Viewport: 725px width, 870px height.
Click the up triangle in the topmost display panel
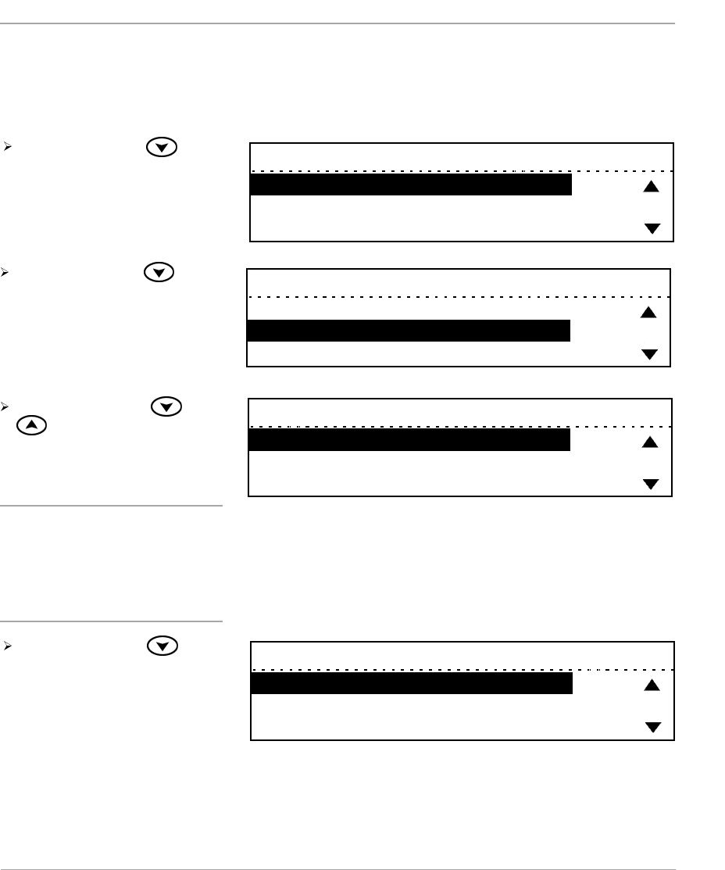[652, 187]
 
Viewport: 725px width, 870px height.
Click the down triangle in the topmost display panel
[652, 228]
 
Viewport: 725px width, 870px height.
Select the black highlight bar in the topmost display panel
[410, 184]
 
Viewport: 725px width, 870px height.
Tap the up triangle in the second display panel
[648, 313]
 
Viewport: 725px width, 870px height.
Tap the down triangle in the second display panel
[648, 354]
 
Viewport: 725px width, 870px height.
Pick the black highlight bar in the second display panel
[408, 331]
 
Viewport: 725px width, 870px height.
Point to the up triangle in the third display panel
[650, 442]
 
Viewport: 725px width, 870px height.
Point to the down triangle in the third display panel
[650, 484]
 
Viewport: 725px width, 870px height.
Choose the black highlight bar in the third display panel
[409, 440]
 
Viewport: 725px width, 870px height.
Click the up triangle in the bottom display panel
[652, 686]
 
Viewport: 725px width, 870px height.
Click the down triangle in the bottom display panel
[652, 727]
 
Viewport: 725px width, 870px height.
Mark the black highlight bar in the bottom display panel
[411, 684]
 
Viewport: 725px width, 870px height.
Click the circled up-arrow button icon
[30, 425]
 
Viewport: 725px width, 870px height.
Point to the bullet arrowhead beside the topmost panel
[6, 146]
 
